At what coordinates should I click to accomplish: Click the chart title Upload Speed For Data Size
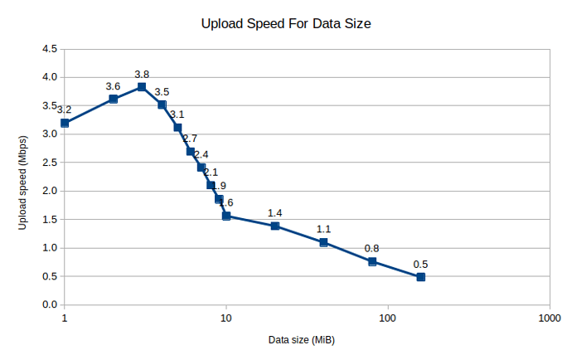[285, 24]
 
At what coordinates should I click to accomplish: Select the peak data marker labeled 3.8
[142, 87]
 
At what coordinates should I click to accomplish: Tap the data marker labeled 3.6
[113, 99]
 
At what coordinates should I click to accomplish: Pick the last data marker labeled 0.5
[420, 276]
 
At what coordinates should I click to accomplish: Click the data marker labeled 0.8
[372, 261]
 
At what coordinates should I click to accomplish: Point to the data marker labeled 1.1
[323, 242]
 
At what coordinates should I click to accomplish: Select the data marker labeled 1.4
[275, 226]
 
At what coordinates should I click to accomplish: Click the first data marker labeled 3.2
[65, 123]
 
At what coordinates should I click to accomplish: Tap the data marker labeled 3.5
[162, 105]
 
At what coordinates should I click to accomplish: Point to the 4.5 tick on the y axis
[49, 49]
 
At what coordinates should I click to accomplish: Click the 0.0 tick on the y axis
[49, 305]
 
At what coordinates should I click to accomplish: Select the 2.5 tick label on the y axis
[49, 163]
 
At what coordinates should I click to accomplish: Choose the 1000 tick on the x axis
[548, 318]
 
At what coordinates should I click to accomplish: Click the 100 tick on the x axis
[387, 318]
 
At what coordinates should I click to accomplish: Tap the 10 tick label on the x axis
[225, 318]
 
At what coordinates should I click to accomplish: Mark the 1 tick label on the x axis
[65, 318]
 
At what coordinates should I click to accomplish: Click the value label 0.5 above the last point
[420, 265]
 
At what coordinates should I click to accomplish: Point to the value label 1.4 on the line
[275, 213]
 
